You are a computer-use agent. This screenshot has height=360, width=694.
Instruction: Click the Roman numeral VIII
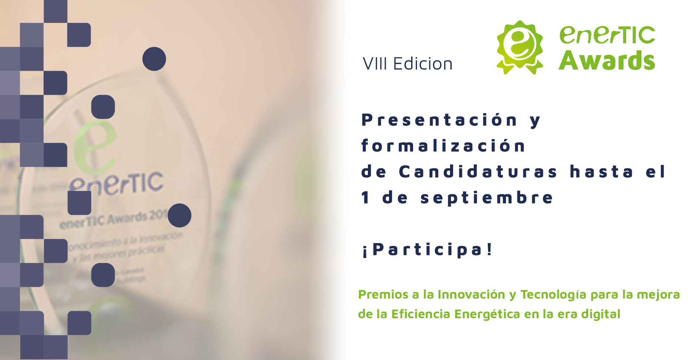pos(375,64)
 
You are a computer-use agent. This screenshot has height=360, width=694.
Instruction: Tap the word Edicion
pos(423,64)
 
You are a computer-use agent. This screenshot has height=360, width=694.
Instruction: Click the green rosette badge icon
pos(520,47)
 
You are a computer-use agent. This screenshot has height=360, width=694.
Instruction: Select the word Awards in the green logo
pos(607,61)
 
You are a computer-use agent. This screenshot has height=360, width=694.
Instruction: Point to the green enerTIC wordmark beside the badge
pos(607,35)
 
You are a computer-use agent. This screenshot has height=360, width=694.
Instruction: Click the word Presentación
pos(439,120)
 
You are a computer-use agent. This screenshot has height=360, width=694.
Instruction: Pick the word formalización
pos(443,146)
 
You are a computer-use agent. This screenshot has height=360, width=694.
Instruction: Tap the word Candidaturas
pos(478,172)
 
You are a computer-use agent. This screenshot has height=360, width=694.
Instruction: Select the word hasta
pos(601,172)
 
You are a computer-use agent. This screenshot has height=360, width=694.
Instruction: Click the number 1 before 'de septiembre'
pos(366,198)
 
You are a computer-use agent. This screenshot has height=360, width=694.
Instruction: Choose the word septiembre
pos(487,198)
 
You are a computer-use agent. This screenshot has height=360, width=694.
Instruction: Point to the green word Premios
pos(383,295)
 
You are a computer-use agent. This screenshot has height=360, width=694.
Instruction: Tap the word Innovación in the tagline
pos(471,295)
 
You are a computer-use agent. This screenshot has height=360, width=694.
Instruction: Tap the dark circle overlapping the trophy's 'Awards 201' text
pos(180,215)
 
